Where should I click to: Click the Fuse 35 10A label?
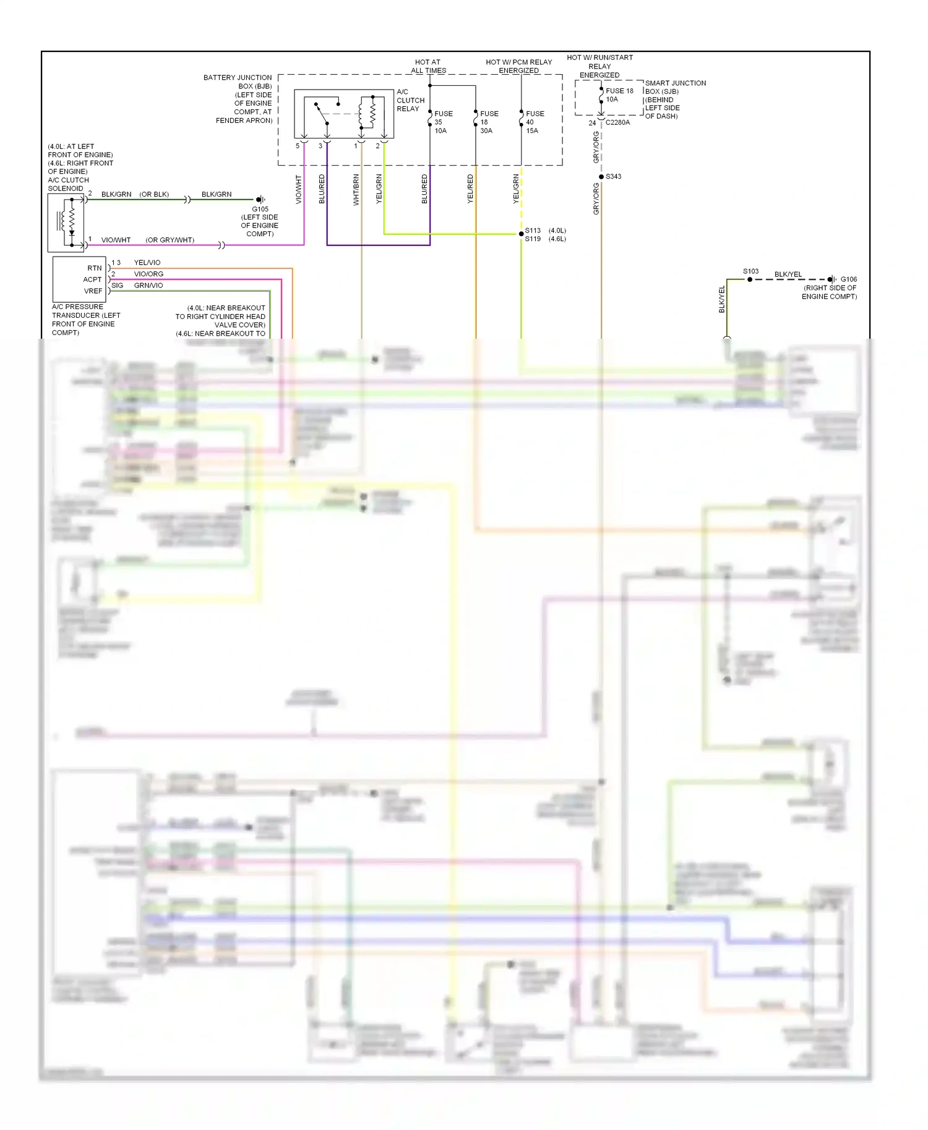[442, 122]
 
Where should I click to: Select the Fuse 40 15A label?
[534, 122]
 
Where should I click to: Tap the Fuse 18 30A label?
[488, 122]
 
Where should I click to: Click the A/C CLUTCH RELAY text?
[410, 100]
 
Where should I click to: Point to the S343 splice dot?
[601, 177]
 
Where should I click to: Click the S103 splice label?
[750, 271]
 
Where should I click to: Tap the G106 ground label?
[848, 279]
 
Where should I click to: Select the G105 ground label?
[260, 209]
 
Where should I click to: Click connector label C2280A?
[617, 122]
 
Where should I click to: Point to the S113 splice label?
[533, 231]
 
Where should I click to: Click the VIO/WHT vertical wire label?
[298, 189]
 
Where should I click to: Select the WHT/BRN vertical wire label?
[356, 189]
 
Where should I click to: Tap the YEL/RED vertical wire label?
[470, 189]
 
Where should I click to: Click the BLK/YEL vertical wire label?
[721, 299]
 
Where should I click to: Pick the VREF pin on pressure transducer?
[93, 291]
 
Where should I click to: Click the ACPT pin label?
[92, 279]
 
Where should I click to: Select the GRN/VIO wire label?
[148, 286]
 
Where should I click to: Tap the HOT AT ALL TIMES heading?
[428, 66]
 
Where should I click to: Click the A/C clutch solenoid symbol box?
[66, 223]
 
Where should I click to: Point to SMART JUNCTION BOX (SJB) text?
[674, 87]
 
